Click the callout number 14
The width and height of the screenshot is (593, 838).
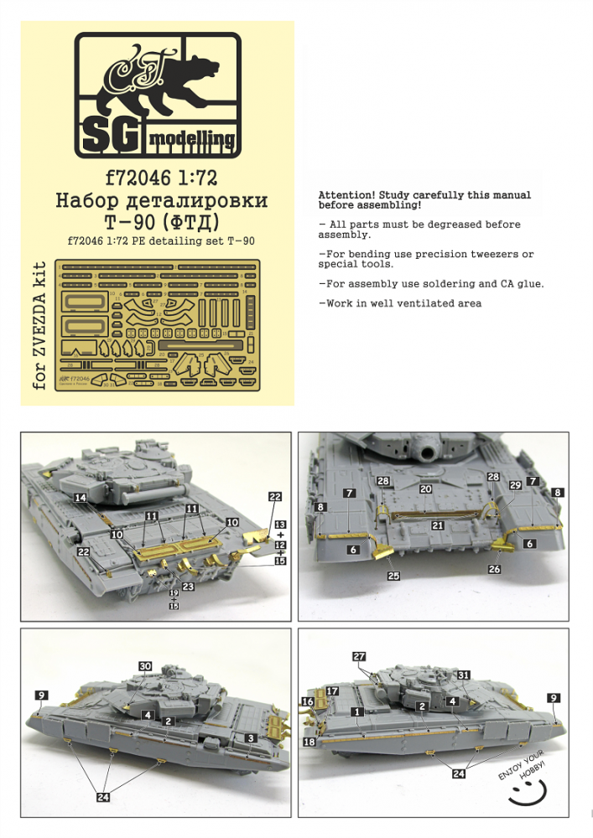pyautogui.click(x=81, y=498)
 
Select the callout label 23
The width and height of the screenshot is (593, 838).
pyautogui.click(x=188, y=587)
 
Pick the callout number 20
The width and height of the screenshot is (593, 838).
pyautogui.click(x=426, y=489)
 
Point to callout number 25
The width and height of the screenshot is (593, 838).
pyautogui.click(x=393, y=577)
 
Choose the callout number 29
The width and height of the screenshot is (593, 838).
pyautogui.click(x=515, y=486)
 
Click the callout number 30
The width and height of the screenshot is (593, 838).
pyautogui.click(x=146, y=666)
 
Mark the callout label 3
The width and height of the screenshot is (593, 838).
pyautogui.click(x=250, y=737)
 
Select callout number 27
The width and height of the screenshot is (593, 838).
pyautogui.click(x=360, y=657)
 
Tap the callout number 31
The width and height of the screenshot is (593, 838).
pyautogui.click(x=463, y=675)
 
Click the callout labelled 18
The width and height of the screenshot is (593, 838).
pyautogui.click(x=310, y=742)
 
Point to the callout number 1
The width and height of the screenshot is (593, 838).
pyautogui.click(x=357, y=711)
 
